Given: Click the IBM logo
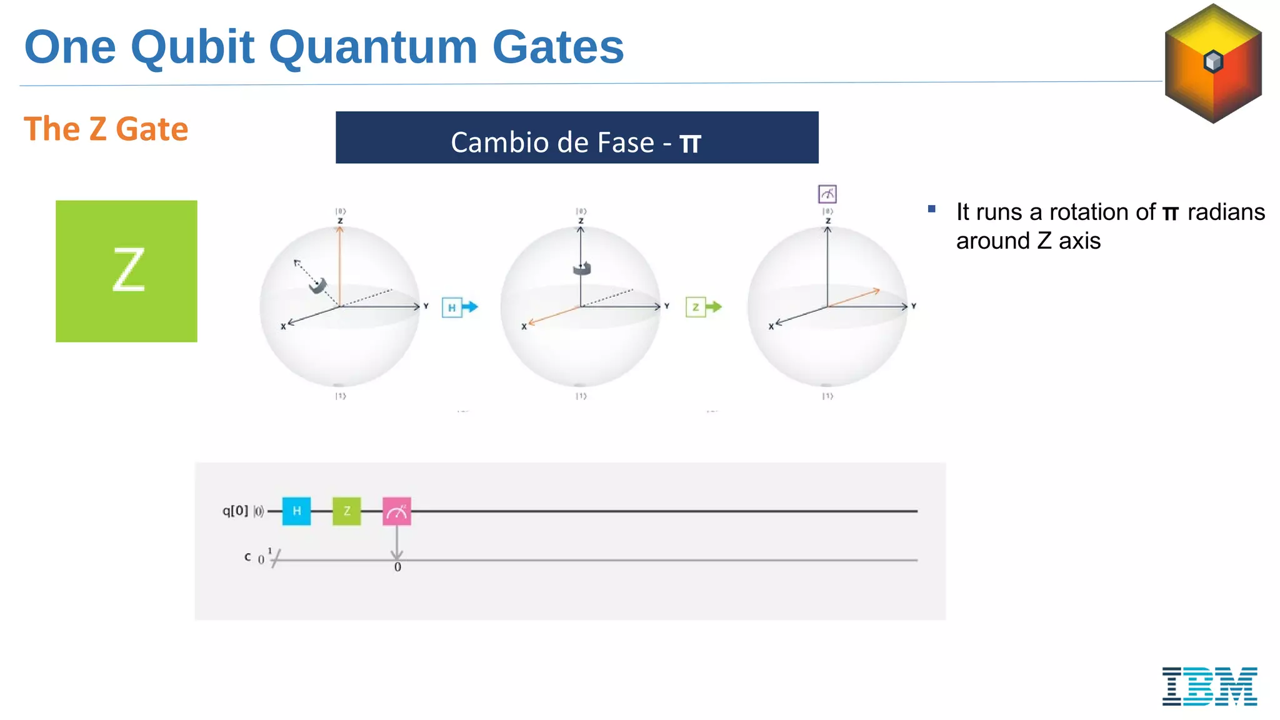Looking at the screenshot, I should [x=1209, y=686].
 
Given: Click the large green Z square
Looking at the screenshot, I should [x=126, y=271].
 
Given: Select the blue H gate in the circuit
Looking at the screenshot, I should [x=296, y=511].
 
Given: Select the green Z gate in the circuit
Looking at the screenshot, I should [x=347, y=511].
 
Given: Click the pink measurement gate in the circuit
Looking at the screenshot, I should [x=397, y=511].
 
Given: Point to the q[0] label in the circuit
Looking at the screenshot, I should [x=235, y=511].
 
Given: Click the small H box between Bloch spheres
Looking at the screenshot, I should [x=452, y=307].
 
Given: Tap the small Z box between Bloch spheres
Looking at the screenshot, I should [x=696, y=307].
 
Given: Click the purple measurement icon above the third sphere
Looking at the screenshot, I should [x=827, y=194].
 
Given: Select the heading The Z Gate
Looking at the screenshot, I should [x=106, y=129].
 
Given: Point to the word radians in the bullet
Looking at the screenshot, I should [x=1226, y=212].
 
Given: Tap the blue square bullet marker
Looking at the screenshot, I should [x=931, y=209].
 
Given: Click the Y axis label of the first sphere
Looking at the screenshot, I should [x=426, y=306].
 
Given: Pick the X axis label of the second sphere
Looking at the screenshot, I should [x=524, y=326].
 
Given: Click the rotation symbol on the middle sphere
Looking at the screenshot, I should [x=582, y=268].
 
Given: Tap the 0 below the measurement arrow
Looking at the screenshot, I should [x=397, y=567].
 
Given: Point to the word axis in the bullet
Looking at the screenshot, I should [x=1079, y=241].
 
